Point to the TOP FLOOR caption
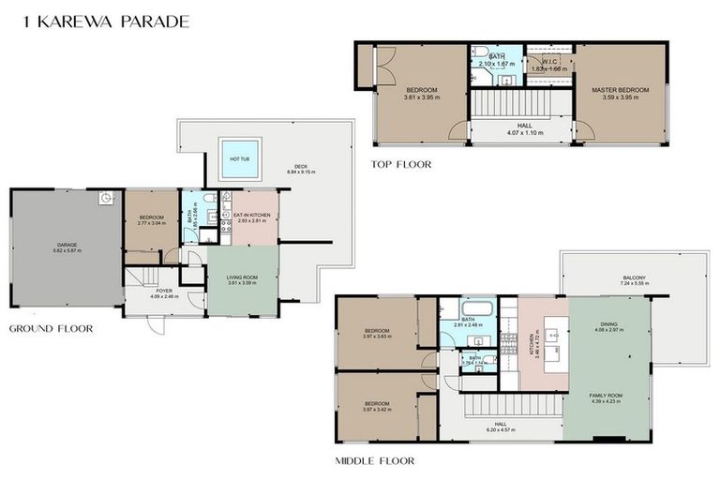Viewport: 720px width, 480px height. pyautogui.click(x=400, y=164)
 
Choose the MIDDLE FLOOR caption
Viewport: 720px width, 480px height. pyautogui.click(x=374, y=461)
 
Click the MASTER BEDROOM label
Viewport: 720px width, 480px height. pyautogui.click(x=620, y=90)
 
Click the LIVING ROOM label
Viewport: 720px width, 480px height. pyautogui.click(x=242, y=277)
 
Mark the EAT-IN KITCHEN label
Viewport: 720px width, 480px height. pyautogui.click(x=252, y=215)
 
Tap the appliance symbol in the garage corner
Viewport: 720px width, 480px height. pyautogui.click(x=106, y=198)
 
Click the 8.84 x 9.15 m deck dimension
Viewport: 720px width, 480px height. pyautogui.click(x=301, y=172)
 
